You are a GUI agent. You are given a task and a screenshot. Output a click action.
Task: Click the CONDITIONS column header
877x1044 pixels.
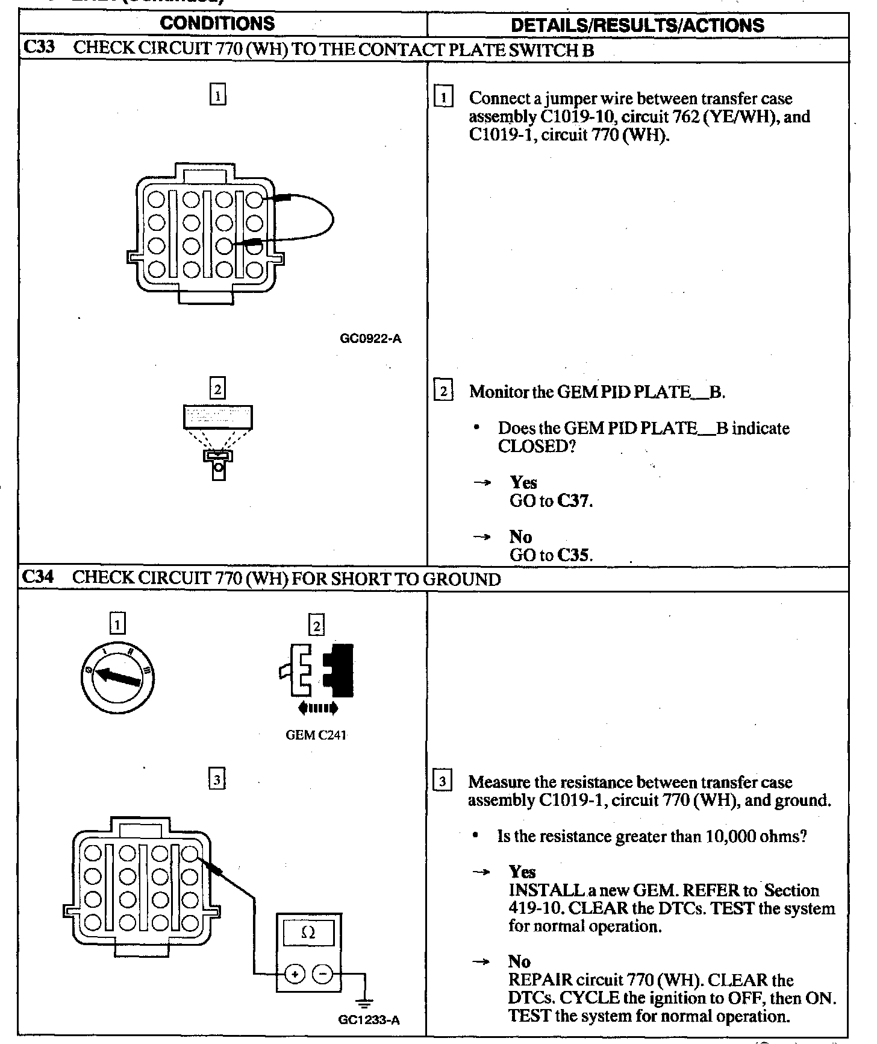(x=217, y=24)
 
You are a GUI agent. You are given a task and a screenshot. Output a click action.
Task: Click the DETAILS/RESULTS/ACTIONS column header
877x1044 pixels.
(x=637, y=25)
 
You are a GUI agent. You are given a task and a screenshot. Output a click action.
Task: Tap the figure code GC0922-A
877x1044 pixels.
(x=370, y=339)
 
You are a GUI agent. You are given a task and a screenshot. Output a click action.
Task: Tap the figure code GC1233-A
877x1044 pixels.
(x=369, y=1020)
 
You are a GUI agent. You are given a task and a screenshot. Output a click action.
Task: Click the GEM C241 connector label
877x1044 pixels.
(x=316, y=735)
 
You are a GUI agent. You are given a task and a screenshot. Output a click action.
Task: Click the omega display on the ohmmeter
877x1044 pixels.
(x=308, y=932)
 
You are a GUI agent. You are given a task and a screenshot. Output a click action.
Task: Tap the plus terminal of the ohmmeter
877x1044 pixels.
(x=295, y=973)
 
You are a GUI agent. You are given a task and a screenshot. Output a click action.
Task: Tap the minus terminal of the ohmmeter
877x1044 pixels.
(x=323, y=973)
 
